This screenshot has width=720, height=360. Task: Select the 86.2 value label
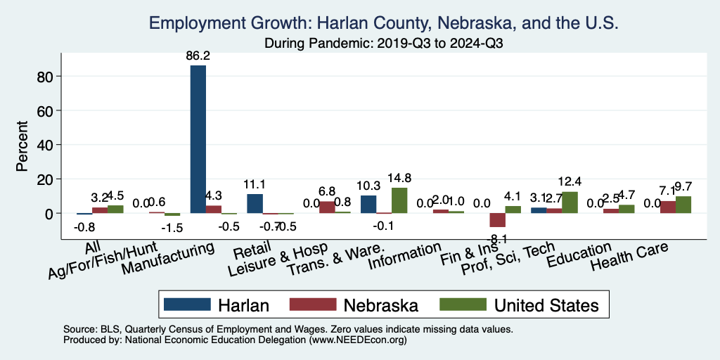[x=198, y=56]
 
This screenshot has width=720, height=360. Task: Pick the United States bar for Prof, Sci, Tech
[x=570, y=202]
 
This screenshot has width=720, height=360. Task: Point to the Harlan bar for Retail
[x=255, y=204]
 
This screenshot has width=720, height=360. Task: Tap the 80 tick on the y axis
[x=55, y=76]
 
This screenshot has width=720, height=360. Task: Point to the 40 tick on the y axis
[x=55, y=145]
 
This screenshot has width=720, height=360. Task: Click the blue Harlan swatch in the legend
[x=187, y=304]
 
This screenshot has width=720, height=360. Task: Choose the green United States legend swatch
[x=463, y=304]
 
